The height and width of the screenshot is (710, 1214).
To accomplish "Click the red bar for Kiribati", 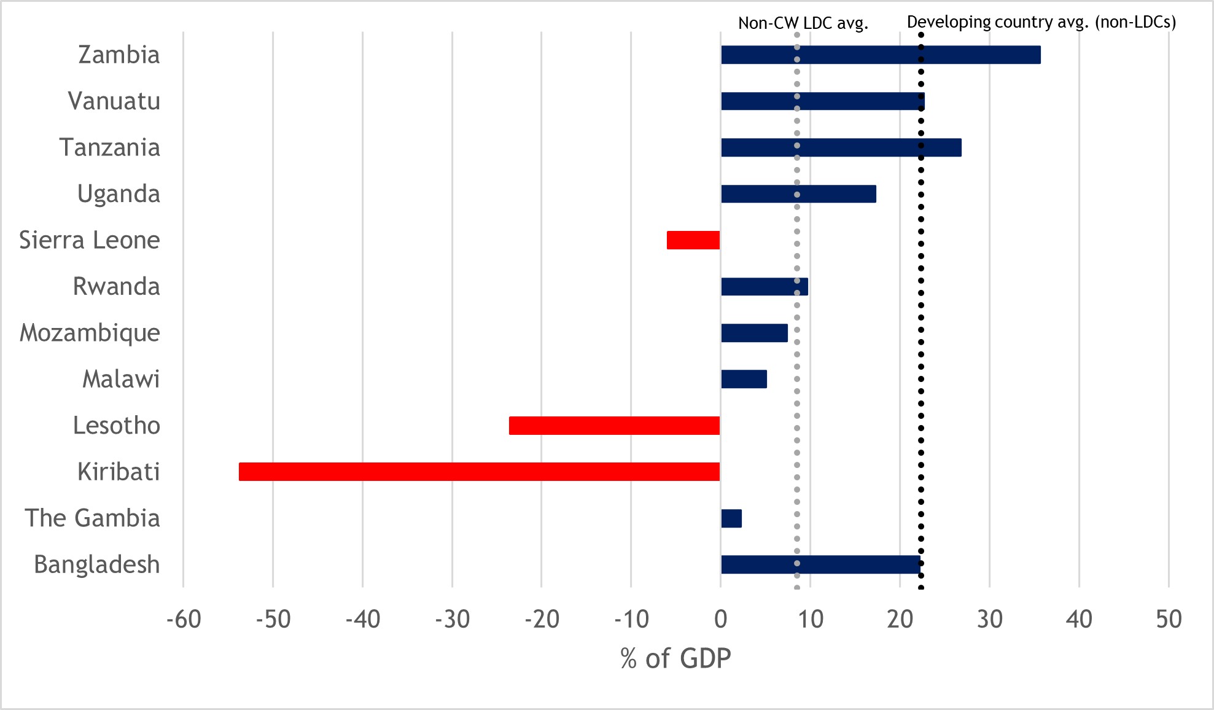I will coord(479,472).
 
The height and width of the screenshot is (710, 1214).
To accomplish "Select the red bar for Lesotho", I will coord(614,426).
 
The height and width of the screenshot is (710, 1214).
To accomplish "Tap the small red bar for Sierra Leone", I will coord(693,240).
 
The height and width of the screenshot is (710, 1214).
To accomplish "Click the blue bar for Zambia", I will coord(881,55).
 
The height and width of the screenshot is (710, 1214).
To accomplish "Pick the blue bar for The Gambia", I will coord(731,518).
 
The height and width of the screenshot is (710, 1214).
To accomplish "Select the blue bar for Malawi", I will coord(744,379).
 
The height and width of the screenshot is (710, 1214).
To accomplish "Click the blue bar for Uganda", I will coord(798,194).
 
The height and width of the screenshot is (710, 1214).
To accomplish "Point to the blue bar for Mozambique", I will coord(754,333).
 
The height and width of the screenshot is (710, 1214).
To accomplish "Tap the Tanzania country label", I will coord(109,147).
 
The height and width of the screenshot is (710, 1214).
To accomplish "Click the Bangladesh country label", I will coord(97,564).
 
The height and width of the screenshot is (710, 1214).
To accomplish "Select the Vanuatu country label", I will coord(114,101).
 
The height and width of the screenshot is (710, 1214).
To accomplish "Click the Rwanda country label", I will coord(116,286).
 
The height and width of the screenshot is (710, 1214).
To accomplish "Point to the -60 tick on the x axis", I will coord(184,619).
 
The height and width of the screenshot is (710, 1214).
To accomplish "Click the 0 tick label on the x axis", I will coord(721,619).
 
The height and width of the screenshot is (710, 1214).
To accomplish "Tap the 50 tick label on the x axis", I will coord(1169,619).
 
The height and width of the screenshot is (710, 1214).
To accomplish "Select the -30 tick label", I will coord(452,619).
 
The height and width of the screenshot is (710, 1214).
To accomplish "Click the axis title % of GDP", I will coord(675,658).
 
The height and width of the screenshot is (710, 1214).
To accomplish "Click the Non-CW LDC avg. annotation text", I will coord(803,23).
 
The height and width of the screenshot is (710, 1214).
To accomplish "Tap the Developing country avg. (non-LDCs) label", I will coord(1041,22).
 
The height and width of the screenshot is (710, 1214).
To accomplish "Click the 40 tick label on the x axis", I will coord(1079,619).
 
